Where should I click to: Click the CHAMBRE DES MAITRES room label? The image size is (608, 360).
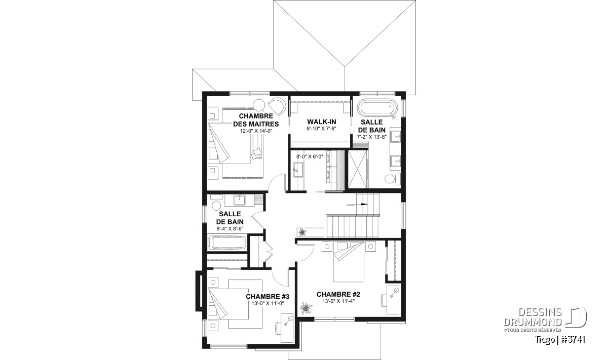click(x=256, y=120)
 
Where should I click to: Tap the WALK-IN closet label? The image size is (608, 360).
click(x=321, y=122)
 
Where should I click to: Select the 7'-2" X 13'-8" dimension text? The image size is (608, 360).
click(x=371, y=137)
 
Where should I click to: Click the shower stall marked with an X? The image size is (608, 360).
click(x=358, y=169)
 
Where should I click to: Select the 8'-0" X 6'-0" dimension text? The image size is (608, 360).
click(x=310, y=156)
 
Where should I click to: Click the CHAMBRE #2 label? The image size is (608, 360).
click(x=338, y=294)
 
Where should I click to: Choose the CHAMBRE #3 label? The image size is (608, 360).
click(x=268, y=297)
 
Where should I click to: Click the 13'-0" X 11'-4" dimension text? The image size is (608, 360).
click(x=338, y=301)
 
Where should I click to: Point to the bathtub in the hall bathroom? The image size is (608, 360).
click(x=227, y=243)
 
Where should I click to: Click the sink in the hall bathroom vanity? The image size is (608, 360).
click(x=239, y=201)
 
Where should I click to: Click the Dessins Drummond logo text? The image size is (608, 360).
click(x=533, y=317)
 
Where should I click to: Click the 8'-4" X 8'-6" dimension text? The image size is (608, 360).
click(x=230, y=229)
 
